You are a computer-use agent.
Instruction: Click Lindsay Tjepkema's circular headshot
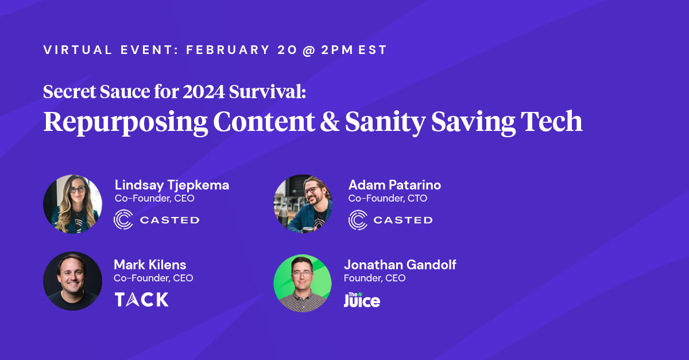pyautogui.click(x=72, y=204)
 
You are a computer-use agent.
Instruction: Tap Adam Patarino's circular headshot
pyautogui.click(x=303, y=204)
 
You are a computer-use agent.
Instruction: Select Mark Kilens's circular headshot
pyautogui.click(x=72, y=281)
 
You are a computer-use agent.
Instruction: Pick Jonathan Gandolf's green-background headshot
pyautogui.click(x=303, y=283)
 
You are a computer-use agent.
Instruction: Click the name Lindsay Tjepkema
pyautogui.click(x=172, y=185)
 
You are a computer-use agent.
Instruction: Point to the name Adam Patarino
pyautogui.click(x=394, y=185)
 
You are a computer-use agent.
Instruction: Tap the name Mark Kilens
pyautogui.click(x=150, y=265)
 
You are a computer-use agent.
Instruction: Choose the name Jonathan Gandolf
pyautogui.click(x=400, y=265)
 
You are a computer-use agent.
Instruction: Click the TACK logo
pyautogui.click(x=141, y=299)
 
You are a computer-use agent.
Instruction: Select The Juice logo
pyautogui.click(x=362, y=300)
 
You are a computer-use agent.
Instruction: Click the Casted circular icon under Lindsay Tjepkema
pyautogui.click(x=123, y=220)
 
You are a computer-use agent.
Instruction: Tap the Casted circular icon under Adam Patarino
pyautogui.click(x=358, y=220)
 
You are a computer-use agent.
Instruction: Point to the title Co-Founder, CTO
pyautogui.click(x=388, y=199)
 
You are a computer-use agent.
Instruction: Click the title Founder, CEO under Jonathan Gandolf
pyautogui.click(x=374, y=278)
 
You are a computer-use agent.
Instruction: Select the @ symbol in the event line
pyautogui.click(x=309, y=50)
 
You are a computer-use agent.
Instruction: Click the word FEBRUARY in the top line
pyautogui.click(x=228, y=50)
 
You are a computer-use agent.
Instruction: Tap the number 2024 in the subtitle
pyautogui.click(x=204, y=92)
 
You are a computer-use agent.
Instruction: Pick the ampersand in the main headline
pyautogui.click(x=330, y=121)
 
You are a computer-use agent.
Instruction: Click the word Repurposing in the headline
pyautogui.click(x=126, y=123)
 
